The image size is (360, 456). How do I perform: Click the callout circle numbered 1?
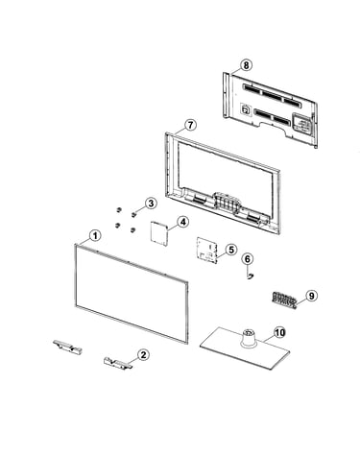(95, 236)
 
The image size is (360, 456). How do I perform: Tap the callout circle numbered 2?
(143, 354)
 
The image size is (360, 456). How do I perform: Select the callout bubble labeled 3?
(151, 203)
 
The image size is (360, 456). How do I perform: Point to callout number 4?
(183, 222)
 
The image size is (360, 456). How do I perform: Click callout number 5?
(231, 250)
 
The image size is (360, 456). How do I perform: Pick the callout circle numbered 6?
(248, 259)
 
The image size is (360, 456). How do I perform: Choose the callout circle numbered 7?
(190, 125)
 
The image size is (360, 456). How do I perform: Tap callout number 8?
(246, 65)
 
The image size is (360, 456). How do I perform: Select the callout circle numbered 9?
(311, 296)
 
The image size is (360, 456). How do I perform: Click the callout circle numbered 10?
(279, 333)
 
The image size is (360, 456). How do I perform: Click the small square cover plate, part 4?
(159, 233)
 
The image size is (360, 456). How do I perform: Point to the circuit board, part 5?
(206, 251)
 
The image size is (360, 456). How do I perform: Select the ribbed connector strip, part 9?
(284, 300)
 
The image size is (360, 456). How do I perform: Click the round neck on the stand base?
(248, 338)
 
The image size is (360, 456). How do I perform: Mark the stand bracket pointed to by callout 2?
(117, 363)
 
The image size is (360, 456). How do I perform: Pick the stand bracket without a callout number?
(67, 347)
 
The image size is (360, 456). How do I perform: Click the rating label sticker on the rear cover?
(301, 123)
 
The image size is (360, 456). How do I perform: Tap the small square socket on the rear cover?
(245, 108)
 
